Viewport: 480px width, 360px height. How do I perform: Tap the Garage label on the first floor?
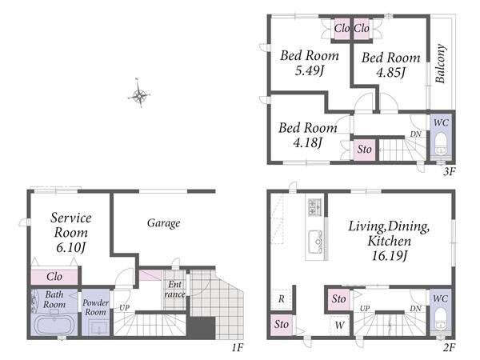pos(163,223)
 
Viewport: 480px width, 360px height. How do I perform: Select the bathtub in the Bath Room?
pos(54,325)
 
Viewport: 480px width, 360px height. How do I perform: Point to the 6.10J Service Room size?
pos(70,247)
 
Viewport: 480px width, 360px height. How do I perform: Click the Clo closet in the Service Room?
pos(54,277)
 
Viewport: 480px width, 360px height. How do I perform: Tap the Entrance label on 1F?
pos(174,290)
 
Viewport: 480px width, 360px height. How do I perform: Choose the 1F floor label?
pos(237,347)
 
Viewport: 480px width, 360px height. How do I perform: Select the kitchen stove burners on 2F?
pos(315,207)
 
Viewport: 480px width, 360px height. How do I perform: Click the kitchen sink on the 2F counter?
pos(315,242)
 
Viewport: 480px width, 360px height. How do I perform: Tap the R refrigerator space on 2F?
pos(282,298)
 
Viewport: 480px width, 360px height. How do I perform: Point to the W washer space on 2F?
pos(339,325)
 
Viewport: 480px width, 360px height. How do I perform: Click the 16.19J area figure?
pos(389,256)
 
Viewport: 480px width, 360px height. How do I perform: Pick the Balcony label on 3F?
pos(440,64)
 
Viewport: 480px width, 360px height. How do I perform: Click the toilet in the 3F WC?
pos(441,145)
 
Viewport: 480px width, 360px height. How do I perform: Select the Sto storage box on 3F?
pos(364,150)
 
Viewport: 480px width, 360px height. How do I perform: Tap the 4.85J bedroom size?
pos(390,73)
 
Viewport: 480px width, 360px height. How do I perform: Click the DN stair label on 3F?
pos(416,134)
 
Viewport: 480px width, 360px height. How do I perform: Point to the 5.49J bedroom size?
pos(309,71)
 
